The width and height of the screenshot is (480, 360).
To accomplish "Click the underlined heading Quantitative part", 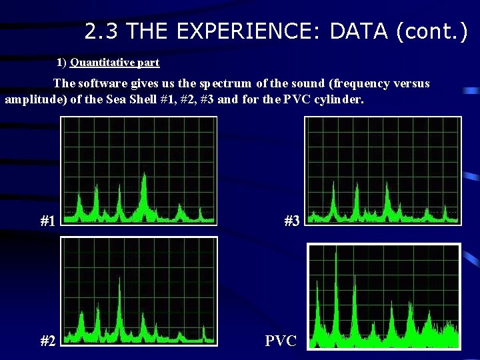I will click(x=115, y=63).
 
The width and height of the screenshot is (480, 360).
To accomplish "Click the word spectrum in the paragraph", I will click(x=224, y=84).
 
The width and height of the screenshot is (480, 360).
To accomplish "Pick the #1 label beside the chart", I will click(x=47, y=221).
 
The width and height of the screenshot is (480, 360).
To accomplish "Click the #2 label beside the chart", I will click(x=47, y=341).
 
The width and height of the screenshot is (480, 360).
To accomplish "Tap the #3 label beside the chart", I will click(x=292, y=221).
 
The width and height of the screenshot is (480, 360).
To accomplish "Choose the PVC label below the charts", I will click(x=281, y=341).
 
